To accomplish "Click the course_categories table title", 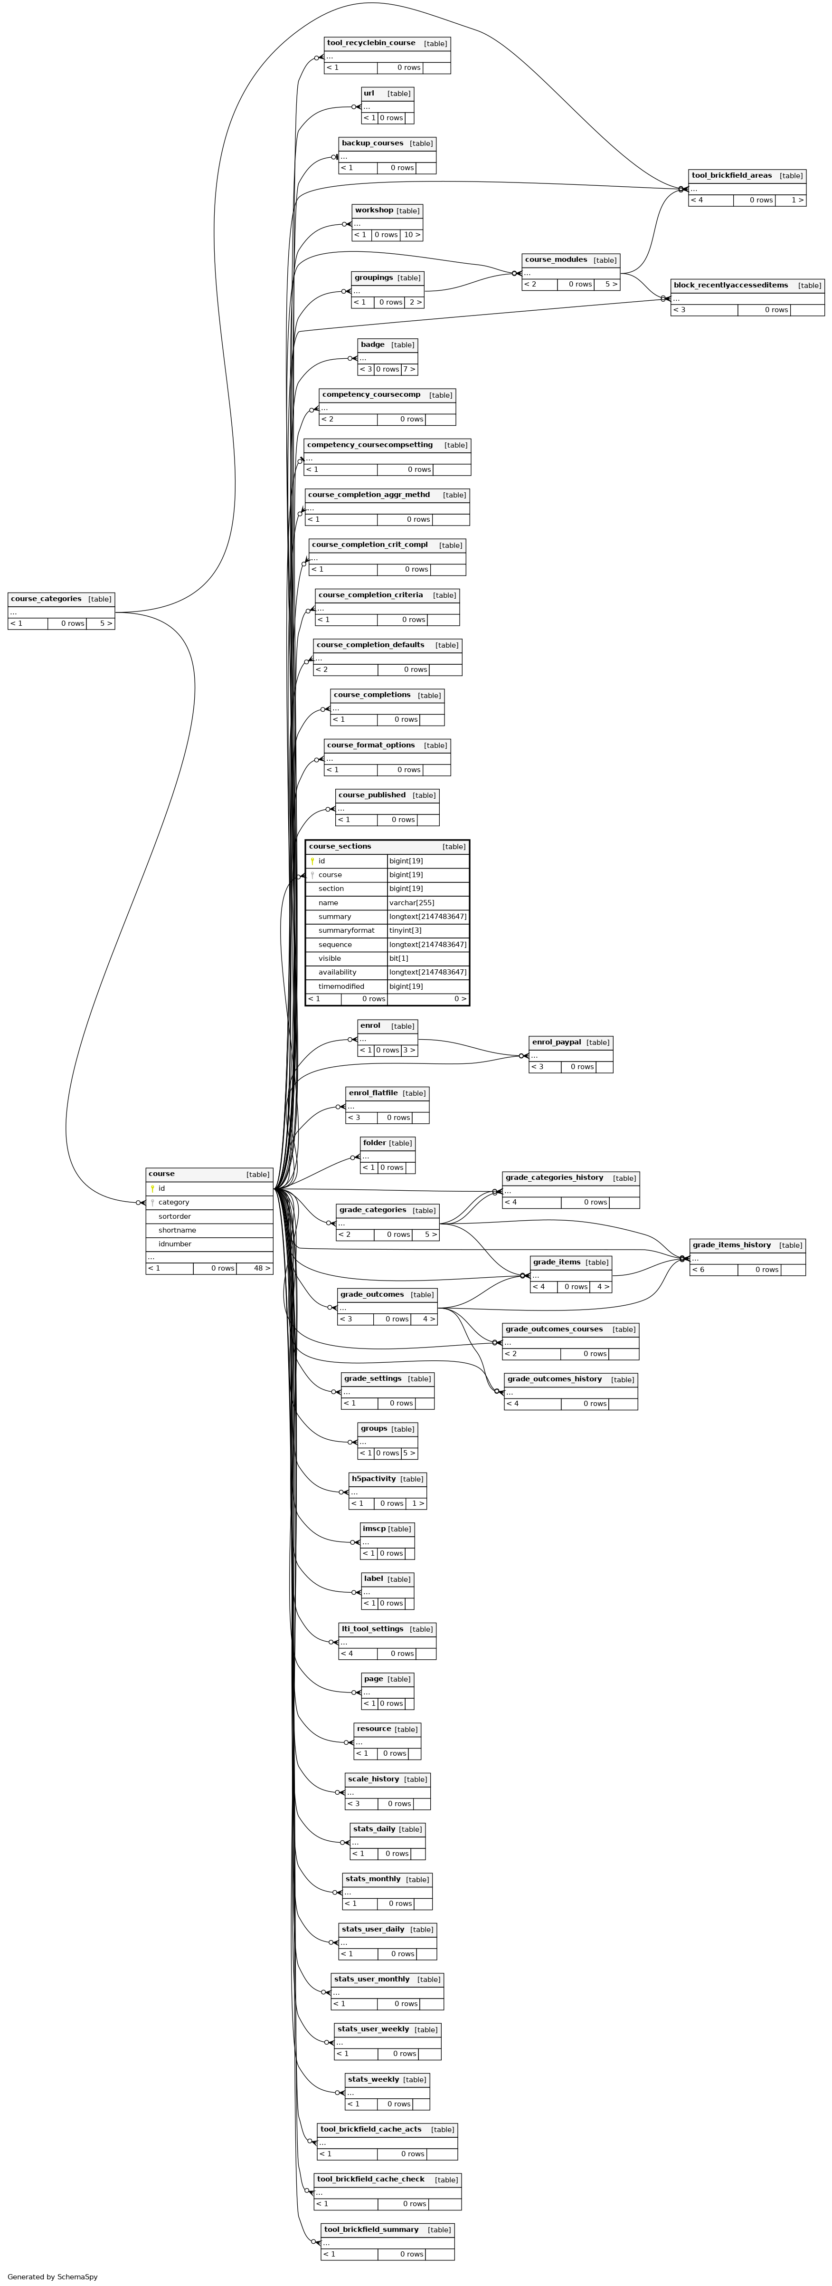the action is [x=46, y=599].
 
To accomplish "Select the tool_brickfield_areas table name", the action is [x=732, y=176].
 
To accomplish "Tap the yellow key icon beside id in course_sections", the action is [x=312, y=861].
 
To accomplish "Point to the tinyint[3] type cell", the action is [x=406, y=930].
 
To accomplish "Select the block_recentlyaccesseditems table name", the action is [x=730, y=285].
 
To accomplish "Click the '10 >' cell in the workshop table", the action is [x=412, y=235].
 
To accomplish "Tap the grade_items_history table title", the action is [x=732, y=1245].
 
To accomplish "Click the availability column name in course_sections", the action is [x=337, y=973].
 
